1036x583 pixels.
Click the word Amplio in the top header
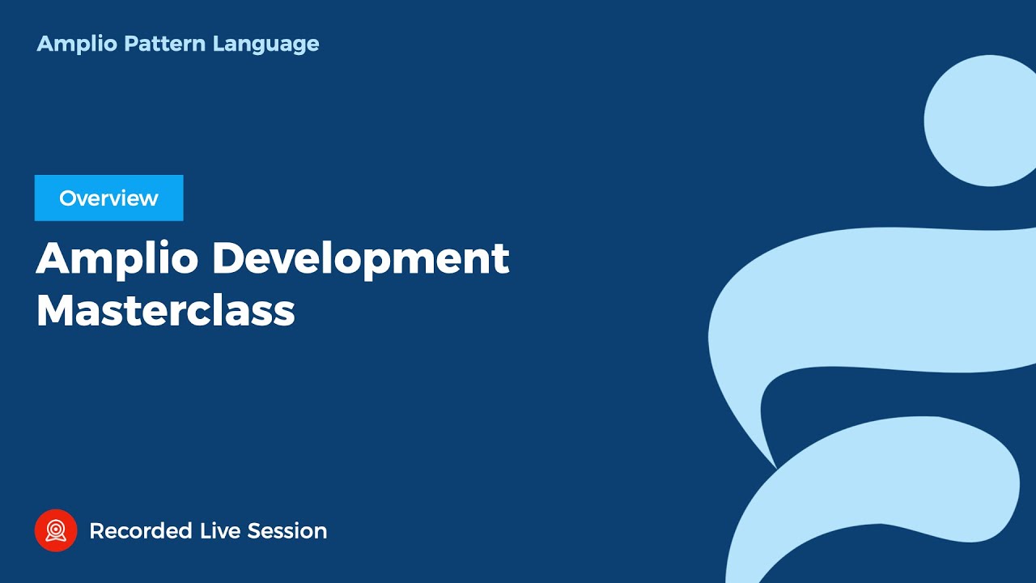[77, 44]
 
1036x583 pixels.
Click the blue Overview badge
[108, 198]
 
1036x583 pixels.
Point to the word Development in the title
[360, 258]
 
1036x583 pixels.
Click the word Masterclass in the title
[165, 310]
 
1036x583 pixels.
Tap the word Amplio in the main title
[117, 258]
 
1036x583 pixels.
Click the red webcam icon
[56, 530]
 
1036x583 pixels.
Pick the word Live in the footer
[219, 531]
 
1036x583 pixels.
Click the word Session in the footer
[287, 531]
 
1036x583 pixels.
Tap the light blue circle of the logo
[979, 121]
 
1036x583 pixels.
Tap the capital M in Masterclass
[54, 310]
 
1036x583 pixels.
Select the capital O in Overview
[67, 198]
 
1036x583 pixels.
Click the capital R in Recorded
[96, 531]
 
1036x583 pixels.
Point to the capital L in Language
[218, 44]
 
